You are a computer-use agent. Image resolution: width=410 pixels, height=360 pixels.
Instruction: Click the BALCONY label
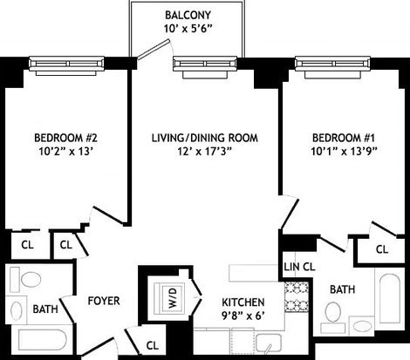pos(188,15)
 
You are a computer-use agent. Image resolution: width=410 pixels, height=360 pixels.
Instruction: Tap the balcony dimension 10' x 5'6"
pos(188,29)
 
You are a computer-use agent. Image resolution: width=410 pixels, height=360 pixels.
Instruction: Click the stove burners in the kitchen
pos(297,297)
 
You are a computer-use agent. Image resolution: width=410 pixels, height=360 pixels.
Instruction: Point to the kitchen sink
pos(269,343)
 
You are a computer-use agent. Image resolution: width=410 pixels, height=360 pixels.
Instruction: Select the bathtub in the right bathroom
pos(390,299)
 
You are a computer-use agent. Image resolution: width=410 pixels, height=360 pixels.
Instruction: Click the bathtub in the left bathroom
pos(43,340)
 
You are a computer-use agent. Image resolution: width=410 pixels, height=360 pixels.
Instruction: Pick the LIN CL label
pos(299,267)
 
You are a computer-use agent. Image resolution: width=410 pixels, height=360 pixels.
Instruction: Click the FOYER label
pos(104,301)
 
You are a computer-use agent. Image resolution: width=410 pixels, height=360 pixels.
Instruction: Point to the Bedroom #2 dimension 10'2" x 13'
pos(65,151)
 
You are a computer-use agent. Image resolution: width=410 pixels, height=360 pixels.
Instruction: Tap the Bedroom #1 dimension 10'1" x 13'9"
pos(344,151)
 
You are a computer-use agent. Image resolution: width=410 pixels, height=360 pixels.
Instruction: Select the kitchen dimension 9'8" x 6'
pos(243,316)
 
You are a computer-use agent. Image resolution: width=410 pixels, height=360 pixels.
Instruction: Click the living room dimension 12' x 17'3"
pos(204,151)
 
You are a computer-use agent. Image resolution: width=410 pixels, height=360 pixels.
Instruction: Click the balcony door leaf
pos(153,50)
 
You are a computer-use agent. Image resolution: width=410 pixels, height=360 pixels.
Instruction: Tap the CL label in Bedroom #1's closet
pos(382,249)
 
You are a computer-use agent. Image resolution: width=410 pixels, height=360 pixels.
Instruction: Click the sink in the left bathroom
pos(16,309)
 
